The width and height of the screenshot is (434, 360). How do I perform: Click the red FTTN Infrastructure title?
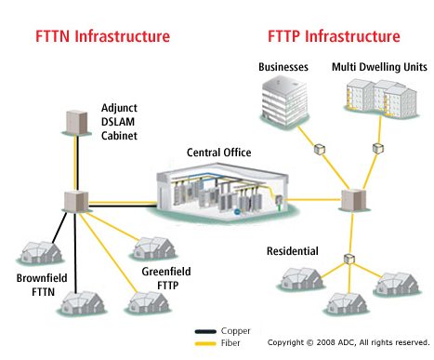point(102,37)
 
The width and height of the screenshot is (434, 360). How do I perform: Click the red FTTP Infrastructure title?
point(334,37)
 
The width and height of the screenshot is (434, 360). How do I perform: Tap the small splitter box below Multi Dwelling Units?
point(378,148)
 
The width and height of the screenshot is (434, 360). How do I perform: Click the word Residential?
point(293,251)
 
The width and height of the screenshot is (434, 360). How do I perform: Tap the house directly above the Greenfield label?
point(153,248)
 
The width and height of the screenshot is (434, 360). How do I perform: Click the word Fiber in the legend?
point(230,342)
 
